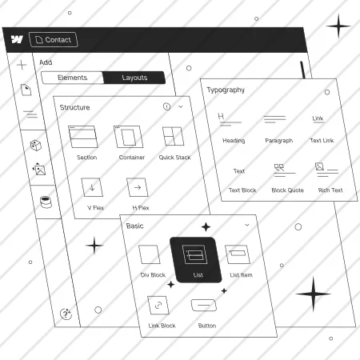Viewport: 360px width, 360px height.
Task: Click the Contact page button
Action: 54,39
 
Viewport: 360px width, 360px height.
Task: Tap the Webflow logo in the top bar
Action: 17,39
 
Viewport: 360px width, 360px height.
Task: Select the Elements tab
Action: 72,78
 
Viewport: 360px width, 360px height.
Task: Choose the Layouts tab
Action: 134,78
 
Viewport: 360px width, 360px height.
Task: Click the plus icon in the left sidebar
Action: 22,65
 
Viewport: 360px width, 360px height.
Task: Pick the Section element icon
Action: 83,137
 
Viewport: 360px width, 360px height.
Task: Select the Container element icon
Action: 129,137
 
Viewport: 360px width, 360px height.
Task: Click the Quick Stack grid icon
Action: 173,136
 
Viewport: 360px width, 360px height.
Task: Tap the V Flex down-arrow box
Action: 92,187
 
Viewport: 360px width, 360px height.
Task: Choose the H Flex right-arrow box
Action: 138,187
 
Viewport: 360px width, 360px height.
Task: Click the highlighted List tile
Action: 196,260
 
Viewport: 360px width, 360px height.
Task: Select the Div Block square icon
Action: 150,254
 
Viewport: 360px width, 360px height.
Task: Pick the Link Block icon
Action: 158,305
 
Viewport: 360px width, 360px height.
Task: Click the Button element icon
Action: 204,305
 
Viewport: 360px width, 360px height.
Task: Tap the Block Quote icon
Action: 285,170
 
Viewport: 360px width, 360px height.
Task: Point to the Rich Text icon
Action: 327,170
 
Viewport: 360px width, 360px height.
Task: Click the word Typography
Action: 226,90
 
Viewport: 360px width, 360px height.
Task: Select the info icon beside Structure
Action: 166,106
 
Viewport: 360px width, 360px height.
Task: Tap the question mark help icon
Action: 66,314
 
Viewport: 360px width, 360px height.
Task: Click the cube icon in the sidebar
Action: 36,146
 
